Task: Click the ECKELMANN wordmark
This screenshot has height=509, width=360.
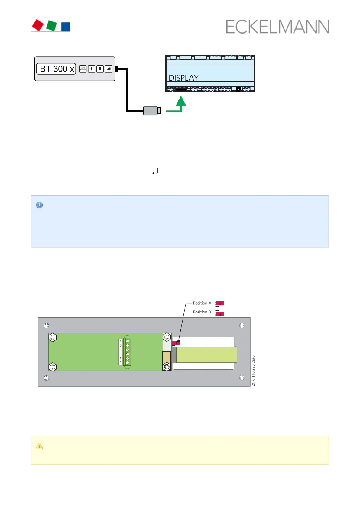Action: point(277,27)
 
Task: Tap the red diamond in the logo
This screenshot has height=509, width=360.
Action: point(38,25)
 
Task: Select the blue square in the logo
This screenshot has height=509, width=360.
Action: point(66,26)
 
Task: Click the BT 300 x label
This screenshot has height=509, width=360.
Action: point(57,69)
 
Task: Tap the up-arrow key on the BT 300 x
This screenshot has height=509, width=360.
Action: point(91,69)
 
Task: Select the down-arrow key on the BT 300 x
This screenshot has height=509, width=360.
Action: point(100,69)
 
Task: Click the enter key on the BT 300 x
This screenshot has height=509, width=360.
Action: point(109,69)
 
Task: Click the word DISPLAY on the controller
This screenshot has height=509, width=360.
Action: point(183,78)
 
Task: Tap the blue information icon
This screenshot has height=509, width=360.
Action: point(39,205)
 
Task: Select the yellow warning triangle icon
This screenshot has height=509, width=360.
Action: point(39,446)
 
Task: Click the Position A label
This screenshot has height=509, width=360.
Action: point(202,303)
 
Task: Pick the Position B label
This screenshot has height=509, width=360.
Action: point(202,312)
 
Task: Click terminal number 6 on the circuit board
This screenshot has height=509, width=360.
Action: point(121,341)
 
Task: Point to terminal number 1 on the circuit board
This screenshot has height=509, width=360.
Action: point(121,363)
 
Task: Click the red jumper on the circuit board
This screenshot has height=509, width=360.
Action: point(176,343)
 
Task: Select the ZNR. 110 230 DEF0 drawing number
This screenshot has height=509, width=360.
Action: point(253,371)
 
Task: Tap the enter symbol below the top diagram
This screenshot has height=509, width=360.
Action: point(155,172)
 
